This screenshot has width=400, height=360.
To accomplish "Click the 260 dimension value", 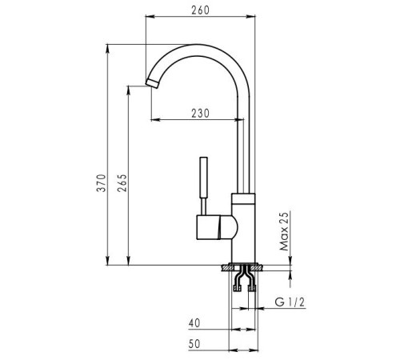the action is coord(200,10).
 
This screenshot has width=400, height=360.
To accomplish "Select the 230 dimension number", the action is coord(200,114).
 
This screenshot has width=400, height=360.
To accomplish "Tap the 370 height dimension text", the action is coord(102,183).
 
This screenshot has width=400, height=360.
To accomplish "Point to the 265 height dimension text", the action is coord(122,183).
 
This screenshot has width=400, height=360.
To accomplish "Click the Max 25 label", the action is coord(284,231).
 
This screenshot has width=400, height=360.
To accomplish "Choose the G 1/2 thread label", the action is coord(290,302).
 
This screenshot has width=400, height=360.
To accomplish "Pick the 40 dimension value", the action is coord(194,323).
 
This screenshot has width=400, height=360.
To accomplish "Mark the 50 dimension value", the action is coord(194,344).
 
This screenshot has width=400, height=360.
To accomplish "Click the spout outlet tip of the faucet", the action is coord(152,82).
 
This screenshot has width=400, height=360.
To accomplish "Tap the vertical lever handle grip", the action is coord(204,178).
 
